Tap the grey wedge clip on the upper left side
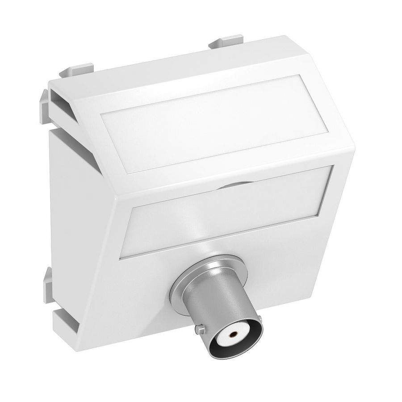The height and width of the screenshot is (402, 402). pyautogui.click(x=45, y=100)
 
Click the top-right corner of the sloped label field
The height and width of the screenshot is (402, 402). pyautogui.click(x=306, y=79)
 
